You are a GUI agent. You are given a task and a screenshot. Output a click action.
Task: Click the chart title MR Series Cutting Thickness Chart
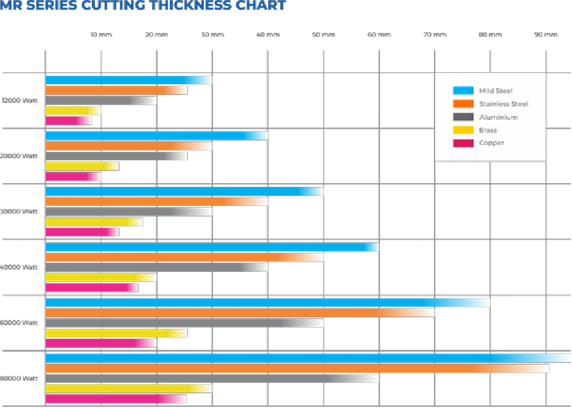[x=143, y=6]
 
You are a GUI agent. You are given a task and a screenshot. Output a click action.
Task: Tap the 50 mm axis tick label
[x=323, y=34]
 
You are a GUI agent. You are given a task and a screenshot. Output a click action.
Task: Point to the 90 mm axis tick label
[x=545, y=34]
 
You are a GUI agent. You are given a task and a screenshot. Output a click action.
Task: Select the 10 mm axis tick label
[x=101, y=34]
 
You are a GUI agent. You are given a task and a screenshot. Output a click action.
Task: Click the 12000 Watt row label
[x=20, y=100]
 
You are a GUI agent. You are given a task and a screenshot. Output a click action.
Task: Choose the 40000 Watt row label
[x=20, y=267]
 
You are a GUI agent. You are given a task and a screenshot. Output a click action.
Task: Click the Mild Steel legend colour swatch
[x=463, y=91]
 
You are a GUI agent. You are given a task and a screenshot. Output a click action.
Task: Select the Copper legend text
[x=492, y=143]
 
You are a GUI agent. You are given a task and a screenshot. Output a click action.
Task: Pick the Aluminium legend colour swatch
[x=463, y=117]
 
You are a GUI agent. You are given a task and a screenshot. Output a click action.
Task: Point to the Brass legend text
[x=488, y=131]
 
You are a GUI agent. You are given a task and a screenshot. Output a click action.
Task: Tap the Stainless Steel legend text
[x=503, y=104]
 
